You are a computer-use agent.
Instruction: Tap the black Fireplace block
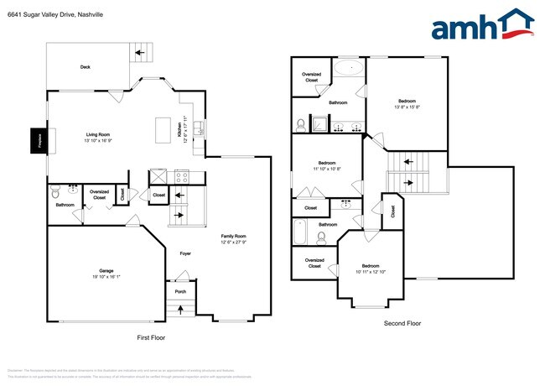click(x=37, y=139)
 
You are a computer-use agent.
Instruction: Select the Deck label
click(x=85, y=66)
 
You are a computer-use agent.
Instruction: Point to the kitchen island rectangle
click(x=163, y=130)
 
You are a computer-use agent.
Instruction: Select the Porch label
click(x=179, y=291)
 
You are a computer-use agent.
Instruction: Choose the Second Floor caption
click(x=402, y=322)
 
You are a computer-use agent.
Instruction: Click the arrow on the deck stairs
click(x=142, y=53)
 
